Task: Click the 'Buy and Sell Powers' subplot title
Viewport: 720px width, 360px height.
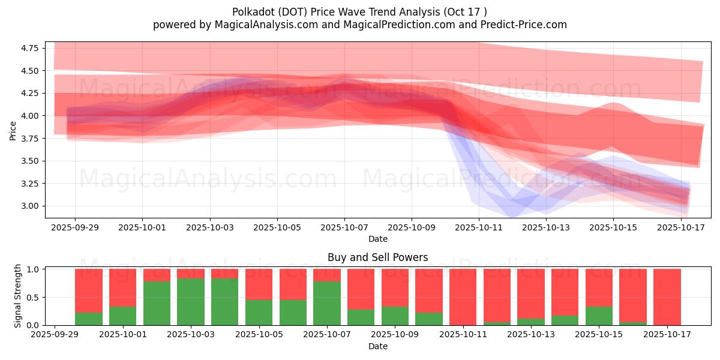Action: [377, 257]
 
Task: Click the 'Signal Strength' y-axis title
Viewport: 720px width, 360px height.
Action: [18, 296]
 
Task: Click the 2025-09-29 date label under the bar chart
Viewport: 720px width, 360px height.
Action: [55, 335]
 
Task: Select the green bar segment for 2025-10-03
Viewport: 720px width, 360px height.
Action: [191, 301]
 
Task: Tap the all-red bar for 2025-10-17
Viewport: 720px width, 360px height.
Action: [667, 297]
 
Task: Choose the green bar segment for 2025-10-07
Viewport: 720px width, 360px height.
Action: [327, 303]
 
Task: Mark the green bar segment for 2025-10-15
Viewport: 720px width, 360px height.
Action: [599, 316]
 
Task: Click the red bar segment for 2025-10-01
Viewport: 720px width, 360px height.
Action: [122, 288]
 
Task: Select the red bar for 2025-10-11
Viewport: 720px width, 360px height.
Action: [463, 297]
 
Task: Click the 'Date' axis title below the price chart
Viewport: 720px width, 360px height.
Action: [377, 239]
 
